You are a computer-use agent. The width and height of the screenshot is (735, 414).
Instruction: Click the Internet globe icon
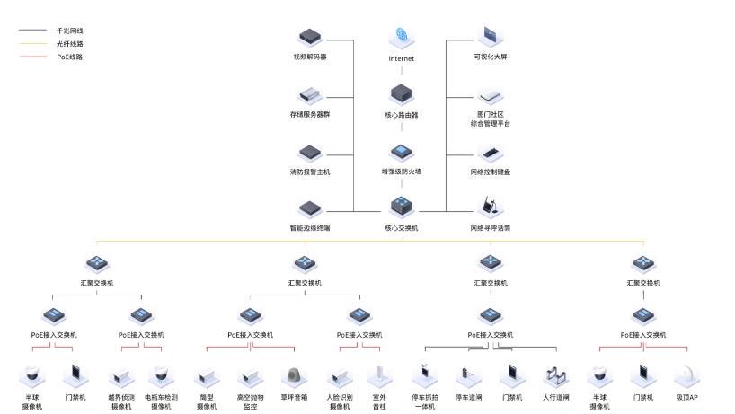(401, 38)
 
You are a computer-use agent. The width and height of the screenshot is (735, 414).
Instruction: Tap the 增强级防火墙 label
(401, 172)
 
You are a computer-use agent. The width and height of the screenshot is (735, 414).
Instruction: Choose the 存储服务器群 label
(310, 114)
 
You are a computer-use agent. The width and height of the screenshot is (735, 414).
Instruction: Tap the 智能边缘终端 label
(310, 228)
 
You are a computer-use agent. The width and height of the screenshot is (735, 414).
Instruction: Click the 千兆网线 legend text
(69, 30)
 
